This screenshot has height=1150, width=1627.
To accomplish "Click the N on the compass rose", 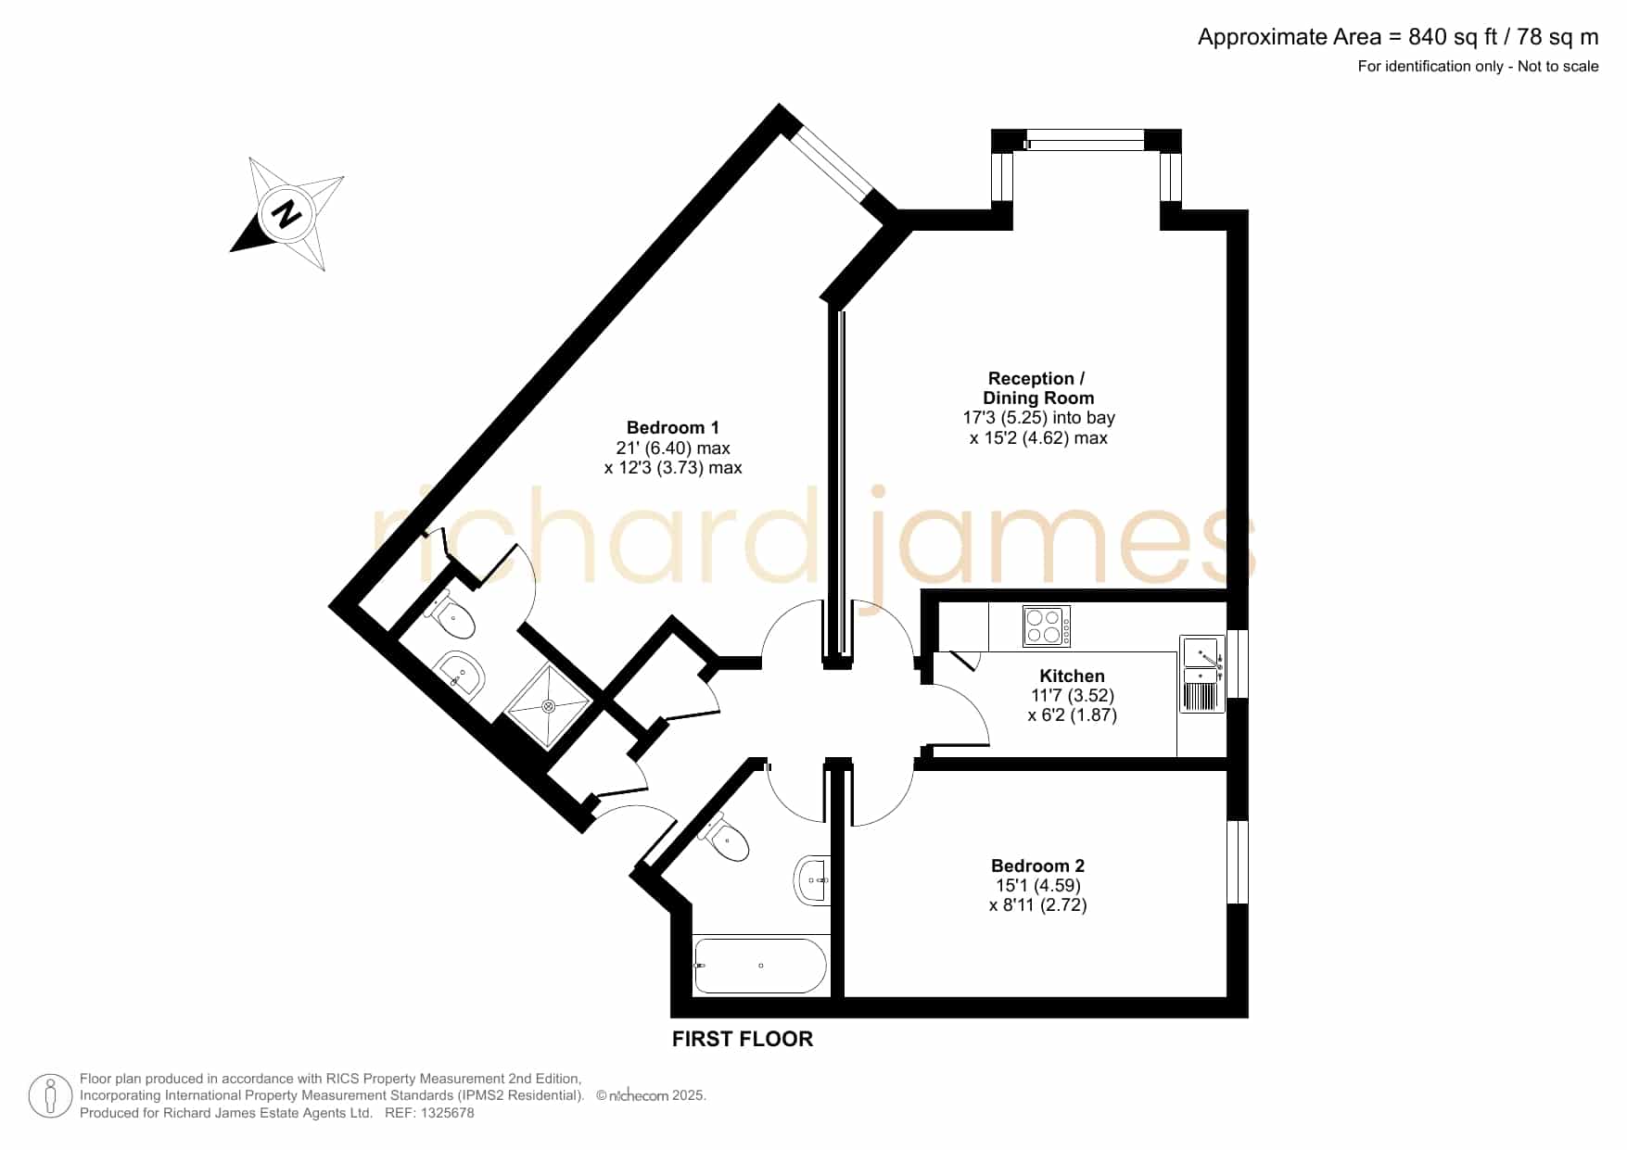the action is click(287, 214).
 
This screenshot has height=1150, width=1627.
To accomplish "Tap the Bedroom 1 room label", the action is click(673, 427).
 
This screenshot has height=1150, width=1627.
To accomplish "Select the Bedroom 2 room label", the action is click(1037, 866).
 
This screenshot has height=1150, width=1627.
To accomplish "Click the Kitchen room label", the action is click(1072, 676).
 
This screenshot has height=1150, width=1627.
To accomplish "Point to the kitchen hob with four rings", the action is click(1047, 626).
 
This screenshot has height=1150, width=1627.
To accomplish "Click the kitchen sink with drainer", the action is click(1202, 673).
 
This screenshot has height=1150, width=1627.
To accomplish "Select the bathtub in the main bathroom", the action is click(759, 966).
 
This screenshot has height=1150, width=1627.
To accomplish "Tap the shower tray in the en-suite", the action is click(548, 706).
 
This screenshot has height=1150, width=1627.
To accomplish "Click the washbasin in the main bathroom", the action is click(812, 878).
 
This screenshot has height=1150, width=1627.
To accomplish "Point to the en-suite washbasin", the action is click(460, 673).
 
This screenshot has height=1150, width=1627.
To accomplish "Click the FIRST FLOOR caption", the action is click(743, 1039).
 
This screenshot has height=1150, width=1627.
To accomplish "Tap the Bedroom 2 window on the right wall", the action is click(1238, 861).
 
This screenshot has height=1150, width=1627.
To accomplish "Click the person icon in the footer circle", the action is click(50, 1096).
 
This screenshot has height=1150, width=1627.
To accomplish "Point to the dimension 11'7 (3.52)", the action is click(1073, 695).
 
